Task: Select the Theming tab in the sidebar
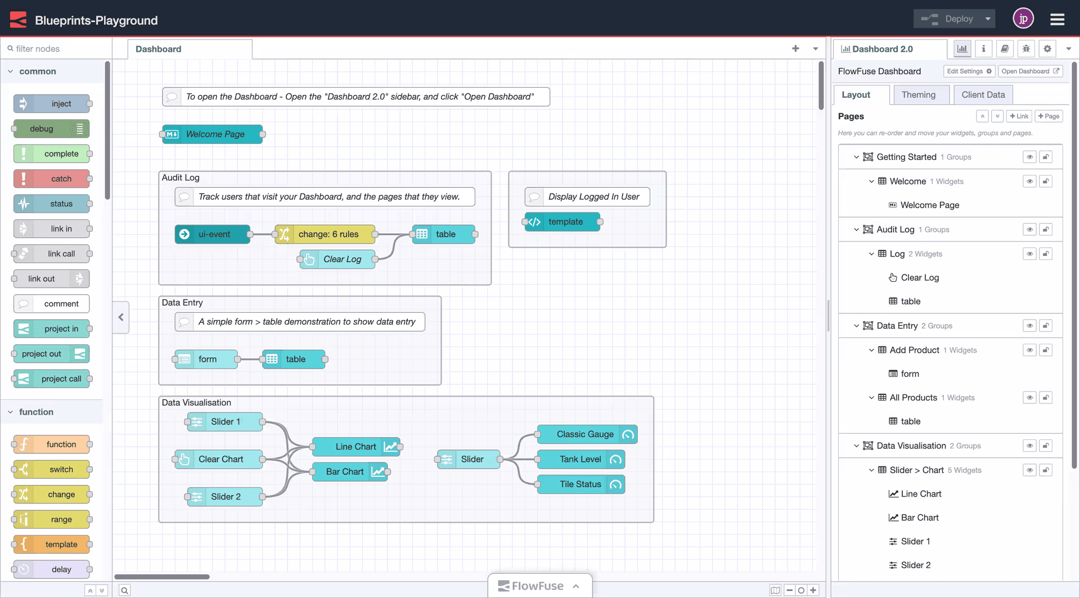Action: (918, 95)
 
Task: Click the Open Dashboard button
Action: (1030, 71)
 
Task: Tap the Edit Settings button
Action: (969, 71)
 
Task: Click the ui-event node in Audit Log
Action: (213, 234)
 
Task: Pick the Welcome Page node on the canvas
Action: (213, 134)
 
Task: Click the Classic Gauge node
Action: (585, 434)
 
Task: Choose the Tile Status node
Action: (580, 484)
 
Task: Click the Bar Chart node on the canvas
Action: (345, 472)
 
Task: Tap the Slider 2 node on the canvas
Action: (225, 497)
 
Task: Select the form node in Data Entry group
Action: (207, 359)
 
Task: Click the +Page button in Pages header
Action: (1048, 116)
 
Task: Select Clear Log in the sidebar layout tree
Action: (920, 278)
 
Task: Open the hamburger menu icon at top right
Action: (1057, 20)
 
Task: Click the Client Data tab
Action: (983, 95)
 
